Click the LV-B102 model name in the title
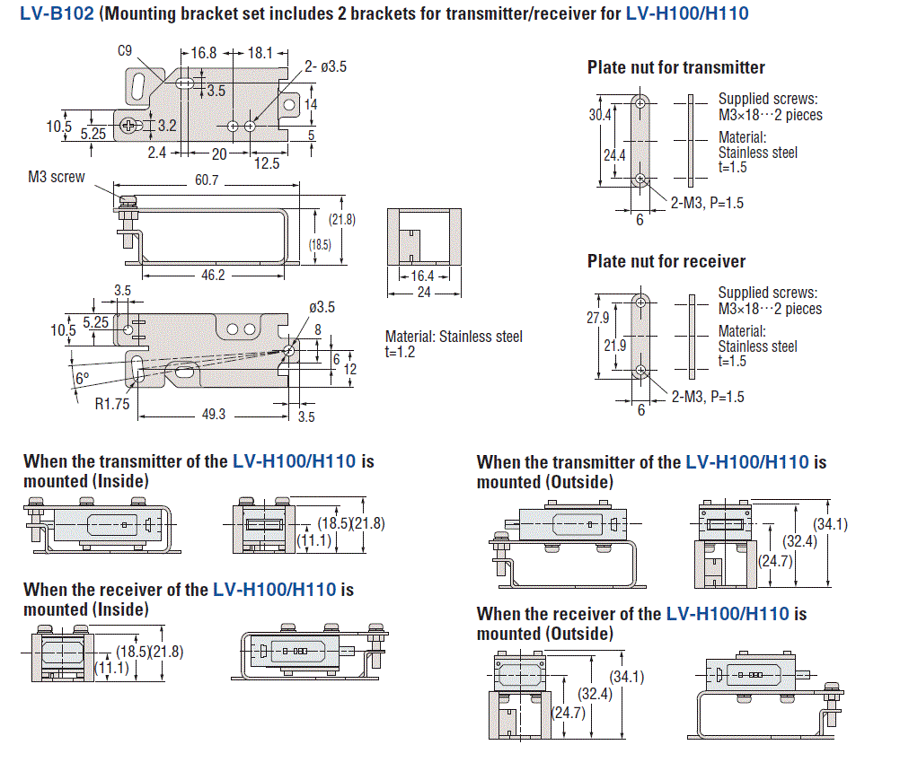pyautogui.click(x=57, y=14)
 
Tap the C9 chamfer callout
pyautogui.click(x=126, y=52)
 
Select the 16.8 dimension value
pyautogui.click(x=205, y=53)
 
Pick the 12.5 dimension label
pyautogui.click(x=267, y=163)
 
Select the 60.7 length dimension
pyautogui.click(x=207, y=181)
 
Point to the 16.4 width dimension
pyautogui.click(x=423, y=276)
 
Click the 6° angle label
pyautogui.click(x=82, y=379)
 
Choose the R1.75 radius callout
pyautogui.click(x=113, y=405)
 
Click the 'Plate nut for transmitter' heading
pyautogui.click(x=675, y=67)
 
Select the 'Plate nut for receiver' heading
pyautogui.click(x=666, y=261)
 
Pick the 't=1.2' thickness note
pyautogui.click(x=401, y=353)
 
